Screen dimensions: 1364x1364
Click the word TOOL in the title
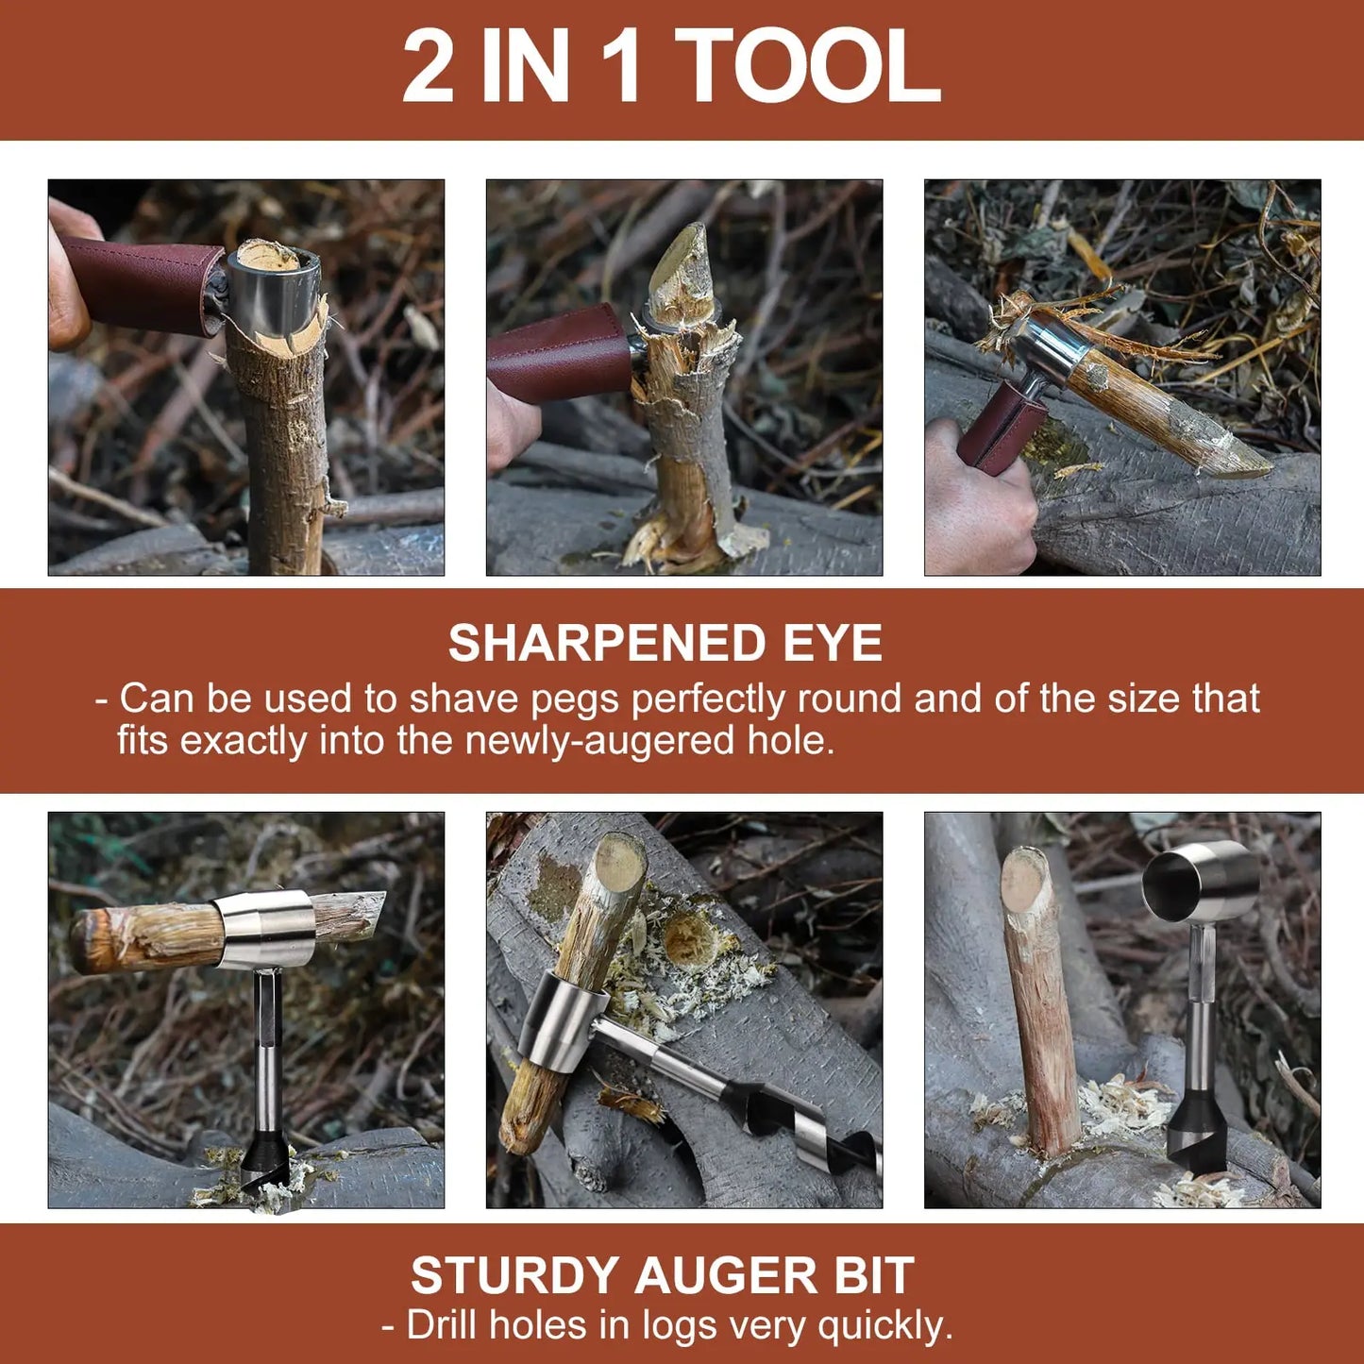click(808, 66)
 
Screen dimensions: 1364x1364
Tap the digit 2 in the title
click(429, 66)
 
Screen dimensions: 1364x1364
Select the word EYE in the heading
click(833, 644)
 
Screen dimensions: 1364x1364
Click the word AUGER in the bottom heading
click(727, 1276)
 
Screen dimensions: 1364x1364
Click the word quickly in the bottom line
click(884, 1325)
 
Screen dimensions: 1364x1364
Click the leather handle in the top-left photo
click(142, 285)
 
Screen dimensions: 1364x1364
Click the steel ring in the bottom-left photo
click(264, 930)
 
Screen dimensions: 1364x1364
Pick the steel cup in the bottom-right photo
click(1201, 883)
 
